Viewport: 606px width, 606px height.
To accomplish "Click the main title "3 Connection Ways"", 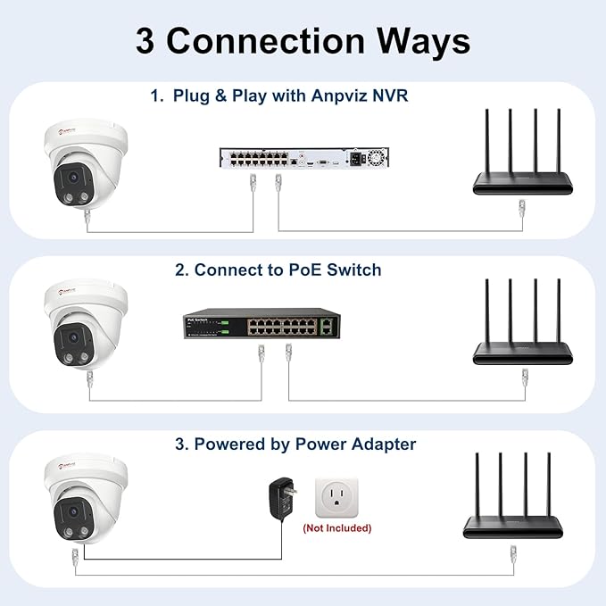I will [x=303, y=41].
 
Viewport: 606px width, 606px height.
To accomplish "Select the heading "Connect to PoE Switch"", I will [x=287, y=270].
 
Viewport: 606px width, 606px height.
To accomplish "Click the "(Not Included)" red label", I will [x=337, y=528].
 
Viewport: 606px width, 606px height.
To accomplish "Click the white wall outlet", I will [x=336, y=496].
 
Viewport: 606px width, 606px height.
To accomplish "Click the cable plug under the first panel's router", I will [x=521, y=211].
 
